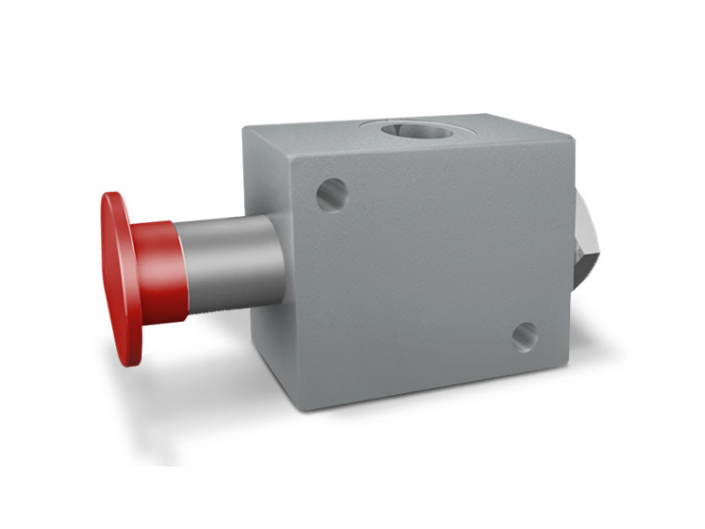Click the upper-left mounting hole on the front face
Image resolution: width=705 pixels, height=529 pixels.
point(331,194)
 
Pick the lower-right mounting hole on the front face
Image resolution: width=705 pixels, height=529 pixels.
point(525,335)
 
